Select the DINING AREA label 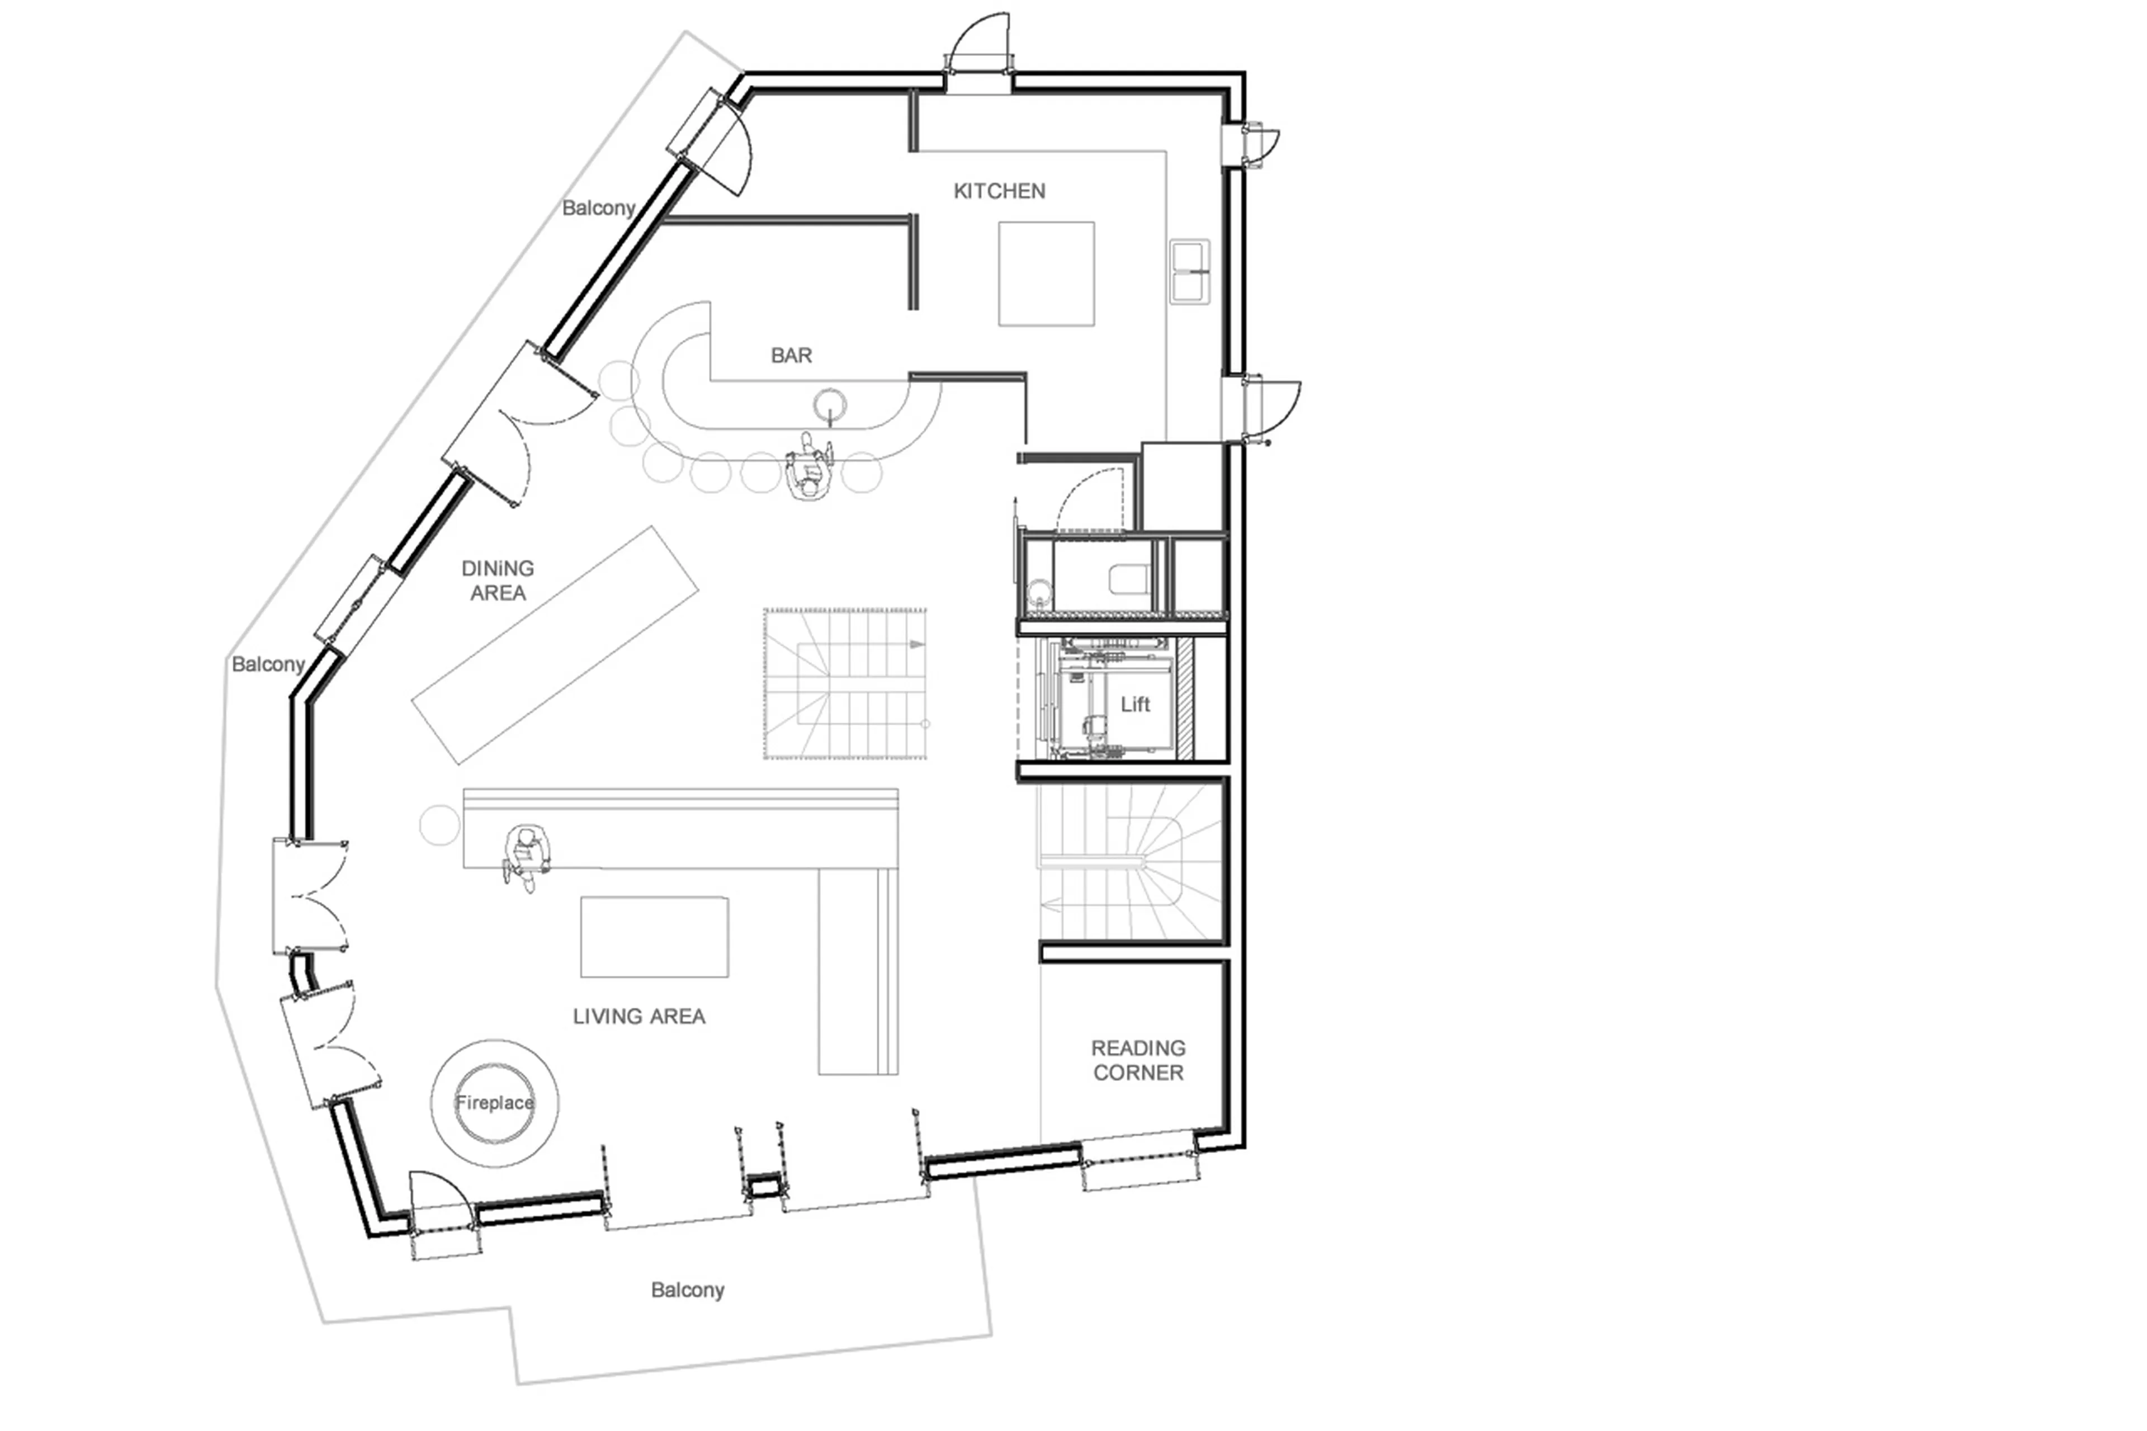click(x=497, y=580)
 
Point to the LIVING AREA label click(x=639, y=1016)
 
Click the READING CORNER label click(x=1138, y=1060)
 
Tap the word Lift click(x=1135, y=703)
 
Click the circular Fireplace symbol click(x=495, y=1102)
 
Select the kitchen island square click(x=1046, y=273)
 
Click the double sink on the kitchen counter click(x=1190, y=271)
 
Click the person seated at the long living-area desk click(x=526, y=855)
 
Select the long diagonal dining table click(x=555, y=644)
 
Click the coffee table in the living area click(x=654, y=936)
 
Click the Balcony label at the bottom click(x=687, y=1290)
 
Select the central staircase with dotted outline click(x=845, y=683)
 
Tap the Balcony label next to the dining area click(x=267, y=663)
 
